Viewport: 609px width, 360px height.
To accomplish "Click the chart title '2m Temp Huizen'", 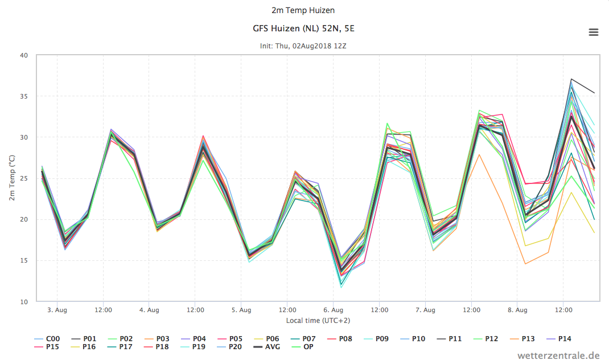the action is [303, 10].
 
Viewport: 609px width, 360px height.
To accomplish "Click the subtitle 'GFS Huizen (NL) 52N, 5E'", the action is [303, 28].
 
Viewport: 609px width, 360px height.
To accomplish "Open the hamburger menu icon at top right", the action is [594, 32].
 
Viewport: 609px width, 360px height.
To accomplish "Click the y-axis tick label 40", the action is [24, 55].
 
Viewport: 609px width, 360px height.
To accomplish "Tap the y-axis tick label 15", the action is [24, 260].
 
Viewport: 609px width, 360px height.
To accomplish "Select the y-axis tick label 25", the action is [24, 178].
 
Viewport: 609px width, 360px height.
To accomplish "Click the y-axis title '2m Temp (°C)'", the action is [12, 178].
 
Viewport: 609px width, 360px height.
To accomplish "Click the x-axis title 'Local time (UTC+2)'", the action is [318, 320].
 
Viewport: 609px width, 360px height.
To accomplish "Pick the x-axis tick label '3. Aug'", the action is [57, 310].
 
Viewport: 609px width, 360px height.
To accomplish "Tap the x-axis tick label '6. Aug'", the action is [333, 310].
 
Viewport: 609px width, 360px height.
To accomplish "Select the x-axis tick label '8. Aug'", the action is [517, 310].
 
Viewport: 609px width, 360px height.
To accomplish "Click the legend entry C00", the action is [47, 338].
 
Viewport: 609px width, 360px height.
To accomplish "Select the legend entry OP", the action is [303, 347].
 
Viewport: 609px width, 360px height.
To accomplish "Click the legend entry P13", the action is [522, 338].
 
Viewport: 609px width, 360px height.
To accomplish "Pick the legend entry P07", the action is [303, 338].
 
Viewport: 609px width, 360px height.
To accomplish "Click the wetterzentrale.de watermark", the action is [558, 355].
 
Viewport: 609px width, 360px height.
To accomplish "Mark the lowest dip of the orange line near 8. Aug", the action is [525, 264].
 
